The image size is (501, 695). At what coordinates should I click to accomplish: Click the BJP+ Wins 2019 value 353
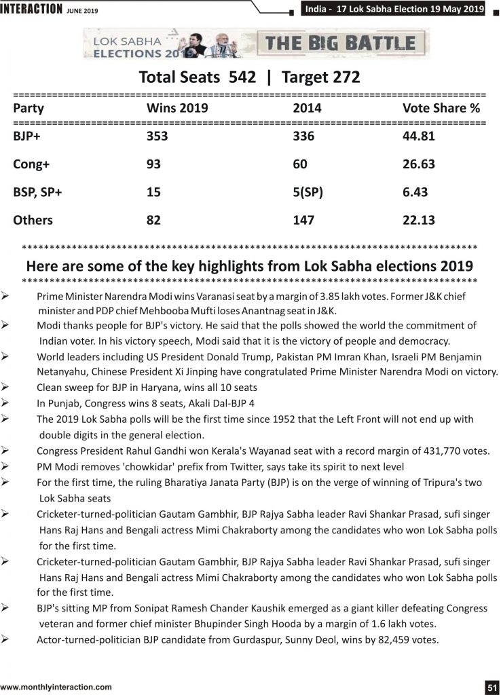pos(157,136)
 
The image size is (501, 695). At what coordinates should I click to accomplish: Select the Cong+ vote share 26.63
pos(419,164)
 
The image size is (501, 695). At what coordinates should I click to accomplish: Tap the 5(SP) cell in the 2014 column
pos(308,192)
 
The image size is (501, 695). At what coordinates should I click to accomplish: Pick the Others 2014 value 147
pos(303,221)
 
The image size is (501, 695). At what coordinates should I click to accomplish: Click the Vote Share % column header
pos(441,108)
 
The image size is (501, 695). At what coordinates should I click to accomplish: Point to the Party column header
pos(29,109)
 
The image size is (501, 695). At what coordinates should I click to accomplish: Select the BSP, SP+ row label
pos(37,192)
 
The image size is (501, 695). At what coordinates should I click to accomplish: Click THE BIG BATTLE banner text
pos(340,43)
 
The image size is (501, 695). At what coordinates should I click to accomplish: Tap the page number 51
pos(492,688)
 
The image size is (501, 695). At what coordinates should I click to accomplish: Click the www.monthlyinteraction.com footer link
pos(56,688)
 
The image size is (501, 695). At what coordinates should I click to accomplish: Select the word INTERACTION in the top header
pos(31,8)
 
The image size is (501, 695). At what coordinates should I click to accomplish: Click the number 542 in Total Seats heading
pos(242,77)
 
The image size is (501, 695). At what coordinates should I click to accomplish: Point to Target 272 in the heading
pos(320,77)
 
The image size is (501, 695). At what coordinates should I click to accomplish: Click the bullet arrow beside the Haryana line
pos(5,387)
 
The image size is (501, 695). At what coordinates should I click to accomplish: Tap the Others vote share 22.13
pos(419,221)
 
